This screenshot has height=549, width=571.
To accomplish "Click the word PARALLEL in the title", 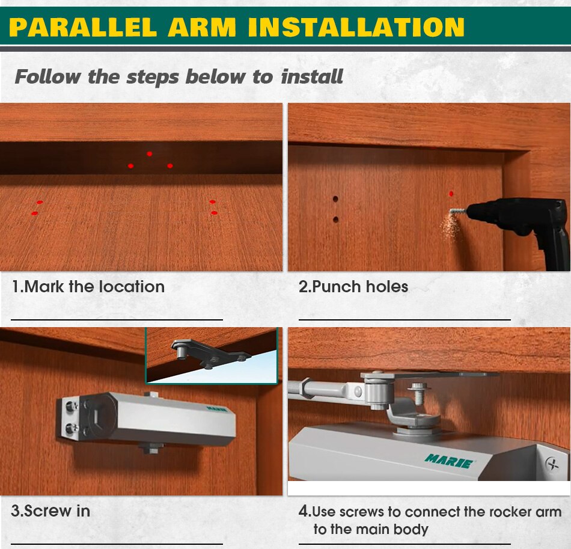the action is [83, 27].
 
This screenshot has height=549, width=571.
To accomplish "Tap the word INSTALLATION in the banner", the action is [356, 27].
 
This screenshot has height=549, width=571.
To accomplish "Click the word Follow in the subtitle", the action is [48, 76].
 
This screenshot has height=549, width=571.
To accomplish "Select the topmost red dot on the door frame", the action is [149, 154].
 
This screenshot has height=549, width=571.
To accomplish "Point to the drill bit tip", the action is [451, 211].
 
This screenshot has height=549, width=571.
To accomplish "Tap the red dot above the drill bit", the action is [451, 194].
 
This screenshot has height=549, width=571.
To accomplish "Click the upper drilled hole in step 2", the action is [335, 199].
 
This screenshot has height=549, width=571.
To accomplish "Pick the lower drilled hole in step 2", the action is [336, 219].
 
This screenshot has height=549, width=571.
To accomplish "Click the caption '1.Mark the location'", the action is [88, 287].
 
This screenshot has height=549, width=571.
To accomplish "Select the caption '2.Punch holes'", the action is [353, 287].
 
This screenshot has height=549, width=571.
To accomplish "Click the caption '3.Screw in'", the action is [50, 511].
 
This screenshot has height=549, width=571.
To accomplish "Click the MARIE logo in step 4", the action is [449, 461].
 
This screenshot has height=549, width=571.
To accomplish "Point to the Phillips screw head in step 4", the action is [553, 464].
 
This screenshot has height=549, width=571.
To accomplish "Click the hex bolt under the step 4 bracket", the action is [419, 393].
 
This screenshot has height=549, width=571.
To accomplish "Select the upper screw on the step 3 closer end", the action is [72, 405].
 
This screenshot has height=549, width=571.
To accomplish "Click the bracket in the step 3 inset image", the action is [210, 354].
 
